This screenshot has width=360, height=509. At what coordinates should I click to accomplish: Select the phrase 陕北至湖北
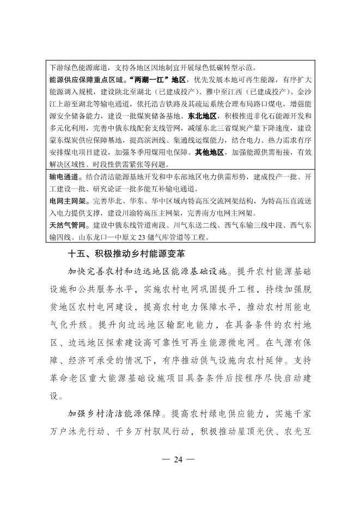[x=142, y=92]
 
